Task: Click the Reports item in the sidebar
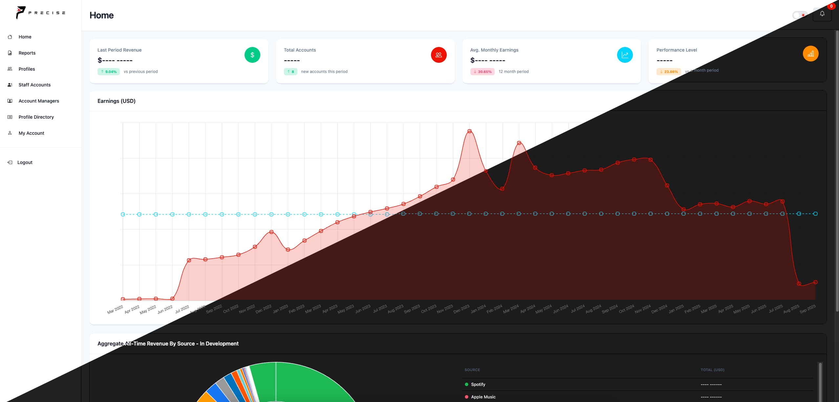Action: coord(27,53)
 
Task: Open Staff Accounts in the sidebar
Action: coord(34,85)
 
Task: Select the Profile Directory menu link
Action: coord(36,117)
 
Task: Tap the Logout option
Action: coord(25,162)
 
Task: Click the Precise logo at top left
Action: coord(40,13)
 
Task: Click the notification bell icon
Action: coord(822,14)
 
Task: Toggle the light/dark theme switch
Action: coord(799,15)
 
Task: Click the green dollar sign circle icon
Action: coord(252,55)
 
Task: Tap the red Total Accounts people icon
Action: coord(439,55)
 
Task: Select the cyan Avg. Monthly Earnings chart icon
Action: coord(625,55)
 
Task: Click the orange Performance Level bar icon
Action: coord(810,54)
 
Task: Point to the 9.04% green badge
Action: coord(109,72)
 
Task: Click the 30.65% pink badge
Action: coord(482,72)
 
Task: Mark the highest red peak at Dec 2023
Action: coord(469,131)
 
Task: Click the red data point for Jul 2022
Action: coord(189,260)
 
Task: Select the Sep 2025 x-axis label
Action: coord(807,309)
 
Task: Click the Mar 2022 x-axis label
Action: coord(115,310)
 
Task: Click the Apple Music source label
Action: coord(483,397)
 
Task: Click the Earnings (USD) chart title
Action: coord(116,101)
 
